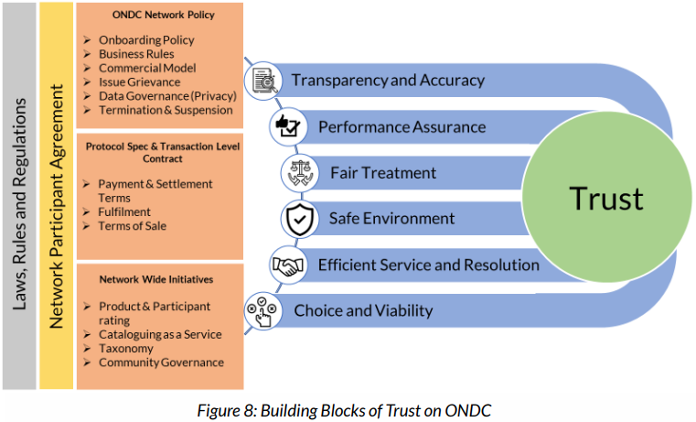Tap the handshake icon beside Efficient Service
287,265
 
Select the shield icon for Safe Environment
298,219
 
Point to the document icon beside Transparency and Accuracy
264,80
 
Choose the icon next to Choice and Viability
262,311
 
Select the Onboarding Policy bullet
146,40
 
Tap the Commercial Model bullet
147,68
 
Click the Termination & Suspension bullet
166,110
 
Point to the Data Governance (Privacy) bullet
167,95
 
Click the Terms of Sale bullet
132,225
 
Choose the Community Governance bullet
161,362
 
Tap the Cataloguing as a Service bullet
160,335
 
